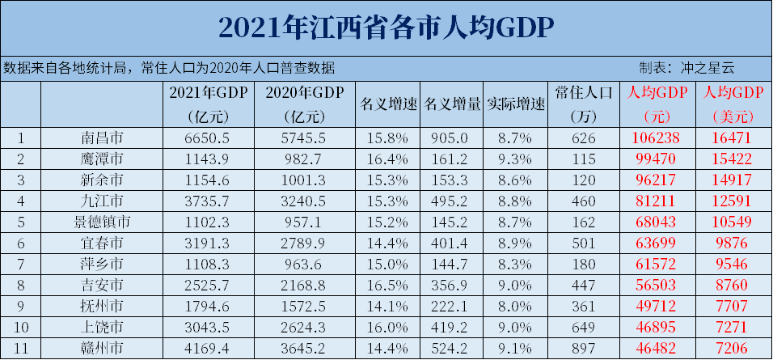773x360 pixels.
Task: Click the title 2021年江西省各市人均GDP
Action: click(x=386, y=28)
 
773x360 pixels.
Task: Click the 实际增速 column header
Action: click(x=516, y=104)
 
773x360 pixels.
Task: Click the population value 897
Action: click(x=586, y=348)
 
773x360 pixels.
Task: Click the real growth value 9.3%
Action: click(x=516, y=158)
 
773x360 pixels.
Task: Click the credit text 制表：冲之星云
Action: click(x=686, y=68)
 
